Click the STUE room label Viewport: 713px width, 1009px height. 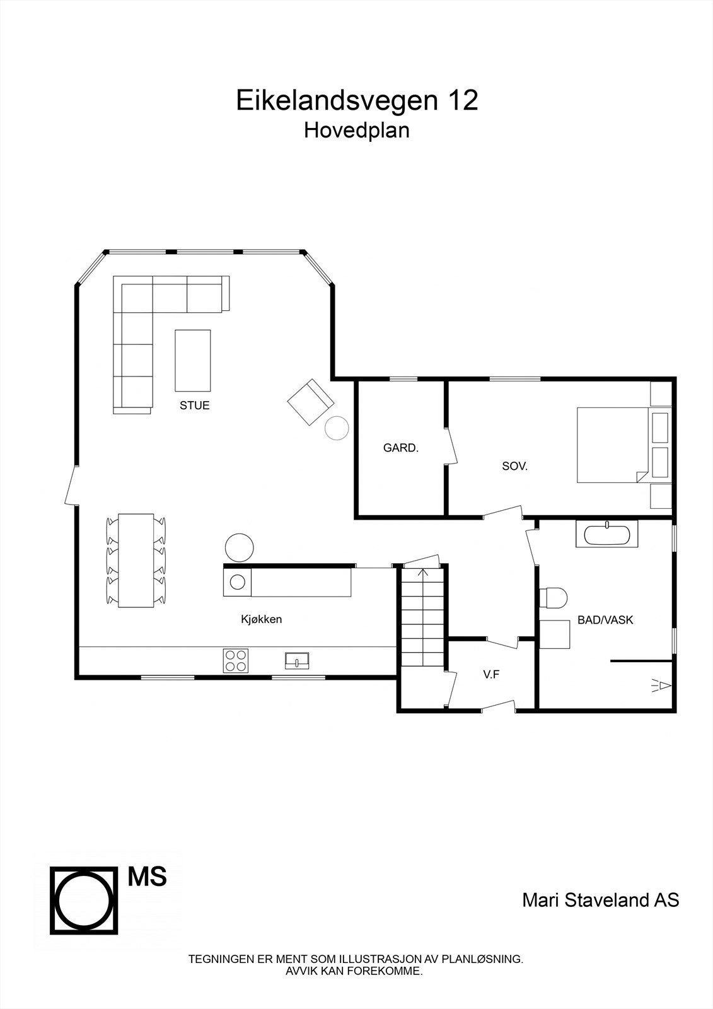(x=194, y=405)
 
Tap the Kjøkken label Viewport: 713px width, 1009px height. (x=261, y=619)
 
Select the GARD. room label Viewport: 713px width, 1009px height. (x=401, y=448)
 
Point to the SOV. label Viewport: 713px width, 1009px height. (x=514, y=467)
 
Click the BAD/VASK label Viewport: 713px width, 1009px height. (x=605, y=620)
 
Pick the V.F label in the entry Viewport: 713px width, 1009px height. (x=491, y=674)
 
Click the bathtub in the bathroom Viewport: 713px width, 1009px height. (x=606, y=535)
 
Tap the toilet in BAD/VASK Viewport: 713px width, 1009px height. (x=554, y=597)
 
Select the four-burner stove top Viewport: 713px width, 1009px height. (x=235, y=660)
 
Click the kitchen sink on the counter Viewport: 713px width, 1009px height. (x=297, y=660)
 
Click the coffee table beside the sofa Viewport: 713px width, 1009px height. (x=192, y=360)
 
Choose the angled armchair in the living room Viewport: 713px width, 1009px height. (x=310, y=402)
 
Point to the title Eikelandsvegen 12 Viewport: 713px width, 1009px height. (x=357, y=100)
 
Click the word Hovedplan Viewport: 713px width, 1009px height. (x=357, y=130)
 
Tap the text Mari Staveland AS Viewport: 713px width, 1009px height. (x=600, y=900)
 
